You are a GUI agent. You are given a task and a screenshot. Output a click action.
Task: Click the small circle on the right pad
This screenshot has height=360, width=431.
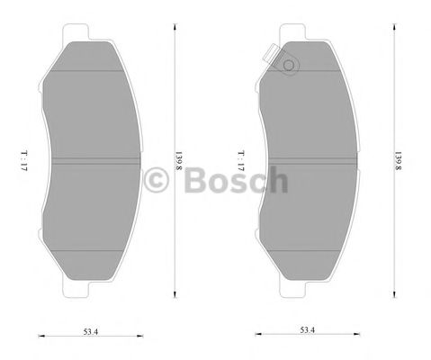(x=289, y=65)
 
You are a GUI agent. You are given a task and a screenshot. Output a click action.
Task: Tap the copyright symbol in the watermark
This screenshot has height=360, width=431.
(x=158, y=181)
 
